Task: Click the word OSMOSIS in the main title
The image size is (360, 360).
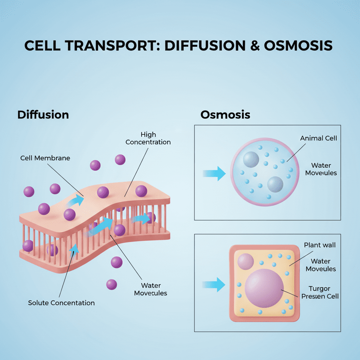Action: (x=298, y=46)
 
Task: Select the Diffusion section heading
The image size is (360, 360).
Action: (x=43, y=115)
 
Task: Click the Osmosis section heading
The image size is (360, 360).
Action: (x=225, y=115)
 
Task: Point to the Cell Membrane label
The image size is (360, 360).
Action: (x=45, y=158)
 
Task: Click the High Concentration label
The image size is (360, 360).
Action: (x=148, y=138)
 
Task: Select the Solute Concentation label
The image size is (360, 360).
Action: (x=61, y=303)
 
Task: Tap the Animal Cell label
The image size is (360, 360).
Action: (x=319, y=138)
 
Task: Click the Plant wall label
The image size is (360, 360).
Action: (x=319, y=245)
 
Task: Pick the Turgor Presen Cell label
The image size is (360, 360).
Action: (x=320, y=292)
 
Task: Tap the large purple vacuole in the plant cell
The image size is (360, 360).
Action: (x=264, y=288)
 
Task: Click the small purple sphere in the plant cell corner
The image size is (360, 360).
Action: (x=246, y=262)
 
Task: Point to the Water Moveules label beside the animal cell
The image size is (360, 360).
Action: (x=321, y=169)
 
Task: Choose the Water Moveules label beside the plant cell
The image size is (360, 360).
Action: (x=321, y=265)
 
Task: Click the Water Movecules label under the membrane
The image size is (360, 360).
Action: (x=151, y=289)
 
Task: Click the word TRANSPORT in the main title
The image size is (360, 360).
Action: (x=112, y=46)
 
